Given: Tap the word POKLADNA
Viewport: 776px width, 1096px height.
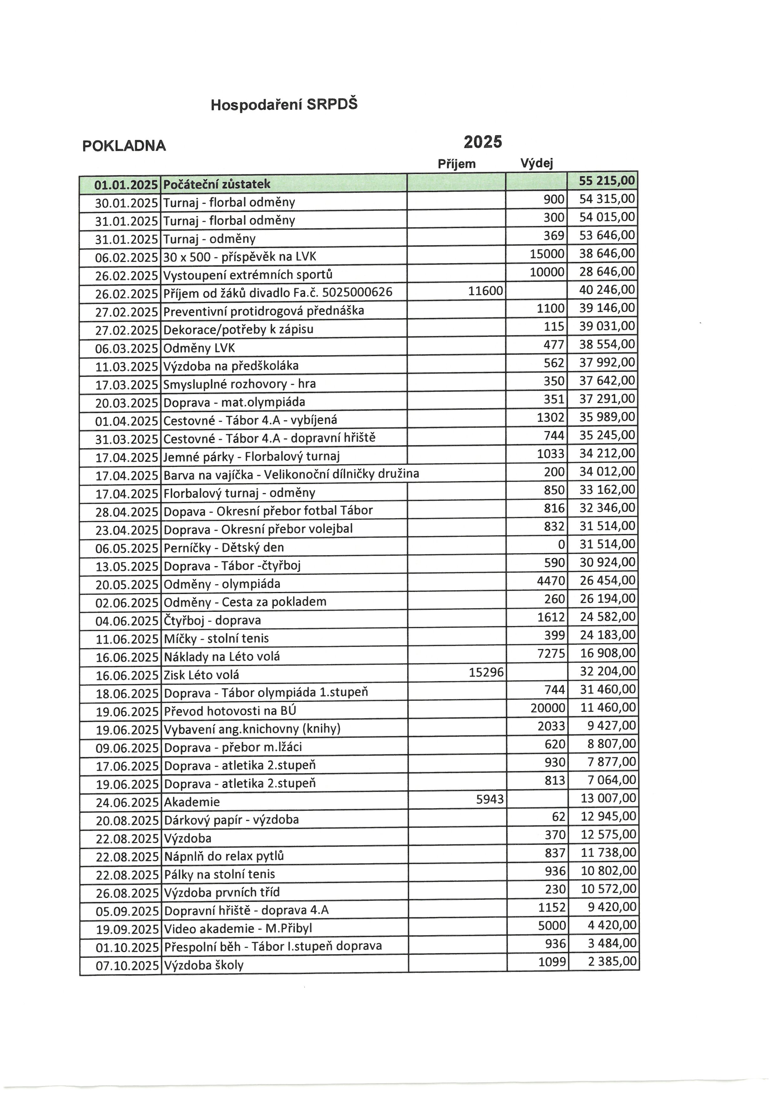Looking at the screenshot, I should click(124, 146).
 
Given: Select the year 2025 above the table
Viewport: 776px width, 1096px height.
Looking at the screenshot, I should click(482, 142).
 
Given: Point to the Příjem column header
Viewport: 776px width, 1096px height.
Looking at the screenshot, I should click(457, 164).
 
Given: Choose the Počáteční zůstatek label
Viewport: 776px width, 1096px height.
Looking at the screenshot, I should click(217, 184).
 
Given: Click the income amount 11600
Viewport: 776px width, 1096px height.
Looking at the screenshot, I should click(486, 291).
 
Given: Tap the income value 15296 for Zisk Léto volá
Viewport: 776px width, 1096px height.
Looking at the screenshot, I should click(486, 672).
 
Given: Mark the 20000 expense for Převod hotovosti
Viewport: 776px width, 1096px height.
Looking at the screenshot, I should click(548, 708).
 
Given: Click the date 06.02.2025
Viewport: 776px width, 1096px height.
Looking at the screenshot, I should click(127, 257).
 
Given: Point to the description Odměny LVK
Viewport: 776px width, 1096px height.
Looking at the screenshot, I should click(199, 348).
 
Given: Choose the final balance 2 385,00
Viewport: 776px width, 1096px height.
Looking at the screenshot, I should click(613, 961).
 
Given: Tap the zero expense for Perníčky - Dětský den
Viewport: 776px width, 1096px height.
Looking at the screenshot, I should click(561, 544).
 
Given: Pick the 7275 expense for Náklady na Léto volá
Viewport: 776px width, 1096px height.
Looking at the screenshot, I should click(551, 653).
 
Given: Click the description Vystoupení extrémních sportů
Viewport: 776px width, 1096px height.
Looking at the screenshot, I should click(248, 275).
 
